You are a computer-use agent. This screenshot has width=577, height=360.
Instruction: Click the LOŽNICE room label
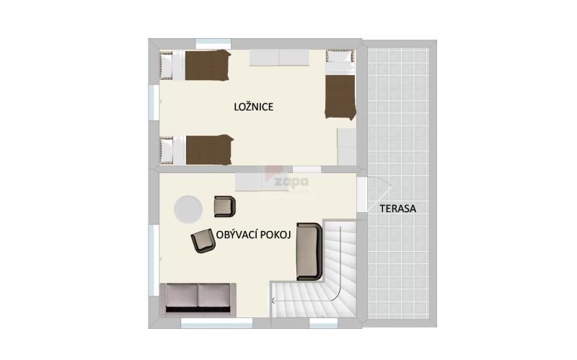coord(254,107)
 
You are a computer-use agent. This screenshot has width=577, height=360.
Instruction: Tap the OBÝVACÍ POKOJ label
coord(254,235)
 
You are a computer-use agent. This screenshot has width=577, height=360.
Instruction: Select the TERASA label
coord(398,208)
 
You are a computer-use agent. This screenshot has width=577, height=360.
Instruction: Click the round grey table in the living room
coord(188,209)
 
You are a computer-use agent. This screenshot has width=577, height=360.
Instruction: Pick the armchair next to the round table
coord(225,206)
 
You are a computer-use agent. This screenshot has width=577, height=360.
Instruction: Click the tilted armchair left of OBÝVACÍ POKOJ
coord(203,241)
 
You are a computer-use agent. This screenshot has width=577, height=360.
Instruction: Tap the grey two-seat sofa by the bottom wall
coord(198,298)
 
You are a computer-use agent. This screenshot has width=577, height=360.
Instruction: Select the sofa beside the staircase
coord(309,251)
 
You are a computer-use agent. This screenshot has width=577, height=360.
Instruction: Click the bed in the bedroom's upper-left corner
coord(195,65)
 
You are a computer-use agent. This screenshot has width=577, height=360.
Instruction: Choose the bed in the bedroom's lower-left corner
coord(196,149)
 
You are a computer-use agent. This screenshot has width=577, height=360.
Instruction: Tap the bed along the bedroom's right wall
coord(340,84)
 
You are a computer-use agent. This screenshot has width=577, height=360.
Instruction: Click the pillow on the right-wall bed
coord(340,56)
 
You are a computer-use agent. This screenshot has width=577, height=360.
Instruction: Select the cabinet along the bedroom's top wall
coord(279,58)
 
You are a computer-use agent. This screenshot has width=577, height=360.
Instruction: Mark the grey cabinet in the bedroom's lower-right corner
coord(347,146)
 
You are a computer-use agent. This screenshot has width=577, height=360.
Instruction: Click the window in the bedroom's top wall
coord(213,44)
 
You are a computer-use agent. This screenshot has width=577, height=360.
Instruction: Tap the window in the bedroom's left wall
coord(154,102)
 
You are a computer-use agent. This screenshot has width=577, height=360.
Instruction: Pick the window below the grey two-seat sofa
coord(217,323)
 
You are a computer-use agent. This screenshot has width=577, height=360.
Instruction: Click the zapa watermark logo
coord(291,182)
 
